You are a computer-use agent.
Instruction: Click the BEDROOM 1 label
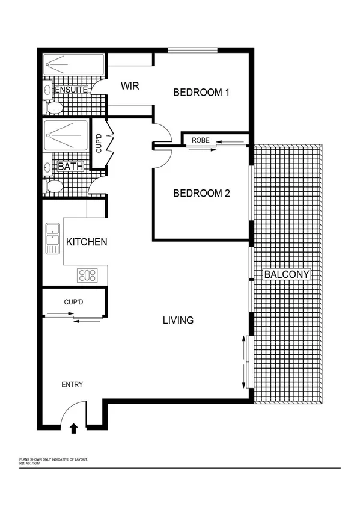(x=202, y=93)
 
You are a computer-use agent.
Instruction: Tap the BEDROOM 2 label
(x=202, y=194)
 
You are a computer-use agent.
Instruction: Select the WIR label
(x=130, y=87)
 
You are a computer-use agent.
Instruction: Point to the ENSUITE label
(x=72, y=90)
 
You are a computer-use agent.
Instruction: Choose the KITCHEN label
(x=87, y=242)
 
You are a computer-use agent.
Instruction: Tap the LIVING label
(x=178, y=320)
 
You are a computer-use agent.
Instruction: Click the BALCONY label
(x=287, y=275)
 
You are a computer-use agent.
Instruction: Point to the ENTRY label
(x=72, y=385)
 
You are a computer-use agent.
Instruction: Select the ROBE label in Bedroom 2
(x=200, y=140)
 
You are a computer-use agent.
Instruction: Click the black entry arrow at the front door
(x=74, y=428)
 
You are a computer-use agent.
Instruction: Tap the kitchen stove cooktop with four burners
(x=87, y=275)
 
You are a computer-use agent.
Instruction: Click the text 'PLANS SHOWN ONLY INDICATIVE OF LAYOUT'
(x=53, y=459)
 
